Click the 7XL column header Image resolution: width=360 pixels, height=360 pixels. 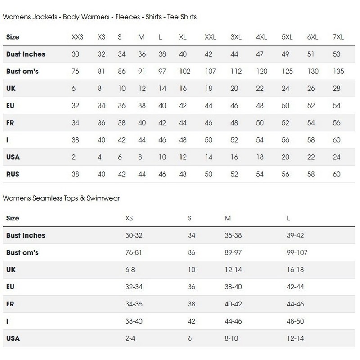[338, 37]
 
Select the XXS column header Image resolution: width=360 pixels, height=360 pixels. [78, 37]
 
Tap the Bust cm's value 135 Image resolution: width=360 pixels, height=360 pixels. [338, 72]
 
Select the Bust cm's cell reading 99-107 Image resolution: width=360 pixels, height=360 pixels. [297, 252]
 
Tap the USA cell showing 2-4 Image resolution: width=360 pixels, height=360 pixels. [131, 338]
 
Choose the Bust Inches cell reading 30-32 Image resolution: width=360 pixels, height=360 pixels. [134, 235]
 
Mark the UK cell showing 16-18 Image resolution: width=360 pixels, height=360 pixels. [295, 270]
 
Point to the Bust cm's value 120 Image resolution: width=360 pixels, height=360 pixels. [261, 72]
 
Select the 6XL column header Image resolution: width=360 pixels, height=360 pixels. [312, 37]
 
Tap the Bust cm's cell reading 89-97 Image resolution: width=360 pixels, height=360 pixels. [234, 252]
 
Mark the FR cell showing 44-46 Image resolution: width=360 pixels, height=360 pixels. [295, 304]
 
